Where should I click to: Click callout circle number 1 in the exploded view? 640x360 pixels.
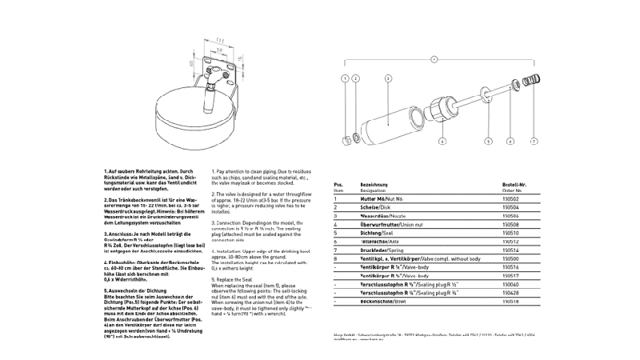(x=345, y=78)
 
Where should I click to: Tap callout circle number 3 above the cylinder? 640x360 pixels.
(x=388, y=78)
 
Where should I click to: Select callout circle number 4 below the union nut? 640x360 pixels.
(x=442, y=141)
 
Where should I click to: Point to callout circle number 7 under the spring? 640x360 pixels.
(x=534, y=141)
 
